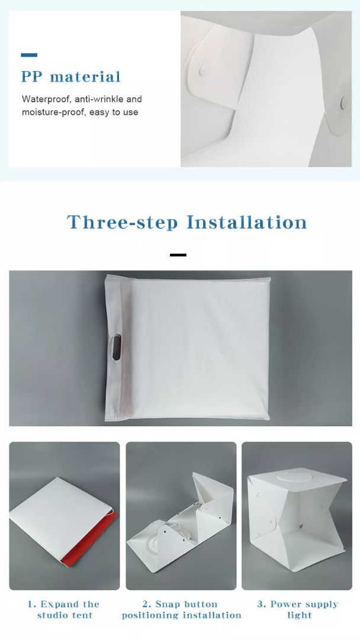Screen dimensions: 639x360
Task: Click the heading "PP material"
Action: pyautogui.click(x=71, y=77)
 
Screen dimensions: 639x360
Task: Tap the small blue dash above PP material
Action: pyautogui.click(x=29, y=55)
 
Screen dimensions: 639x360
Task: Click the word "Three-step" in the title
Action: pyautogui.click(x=122, y=222)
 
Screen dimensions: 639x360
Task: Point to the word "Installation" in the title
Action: pyautogui.click(x=247, y=222)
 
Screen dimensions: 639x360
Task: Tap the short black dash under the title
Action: pyautogui.click(x=178, y=255)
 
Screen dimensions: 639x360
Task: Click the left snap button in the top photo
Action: pyautogui.click(x=202, y=70)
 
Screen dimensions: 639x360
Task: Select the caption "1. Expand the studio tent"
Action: pyautogui.click(x=64, y=609)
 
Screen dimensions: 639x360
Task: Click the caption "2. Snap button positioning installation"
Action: pyautogui.click(x=181, y=609)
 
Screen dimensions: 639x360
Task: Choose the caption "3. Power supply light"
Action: pyautogui.click(x=298, y=609)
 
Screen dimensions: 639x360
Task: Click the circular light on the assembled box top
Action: pyautogui.click(x=298, y=477)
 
